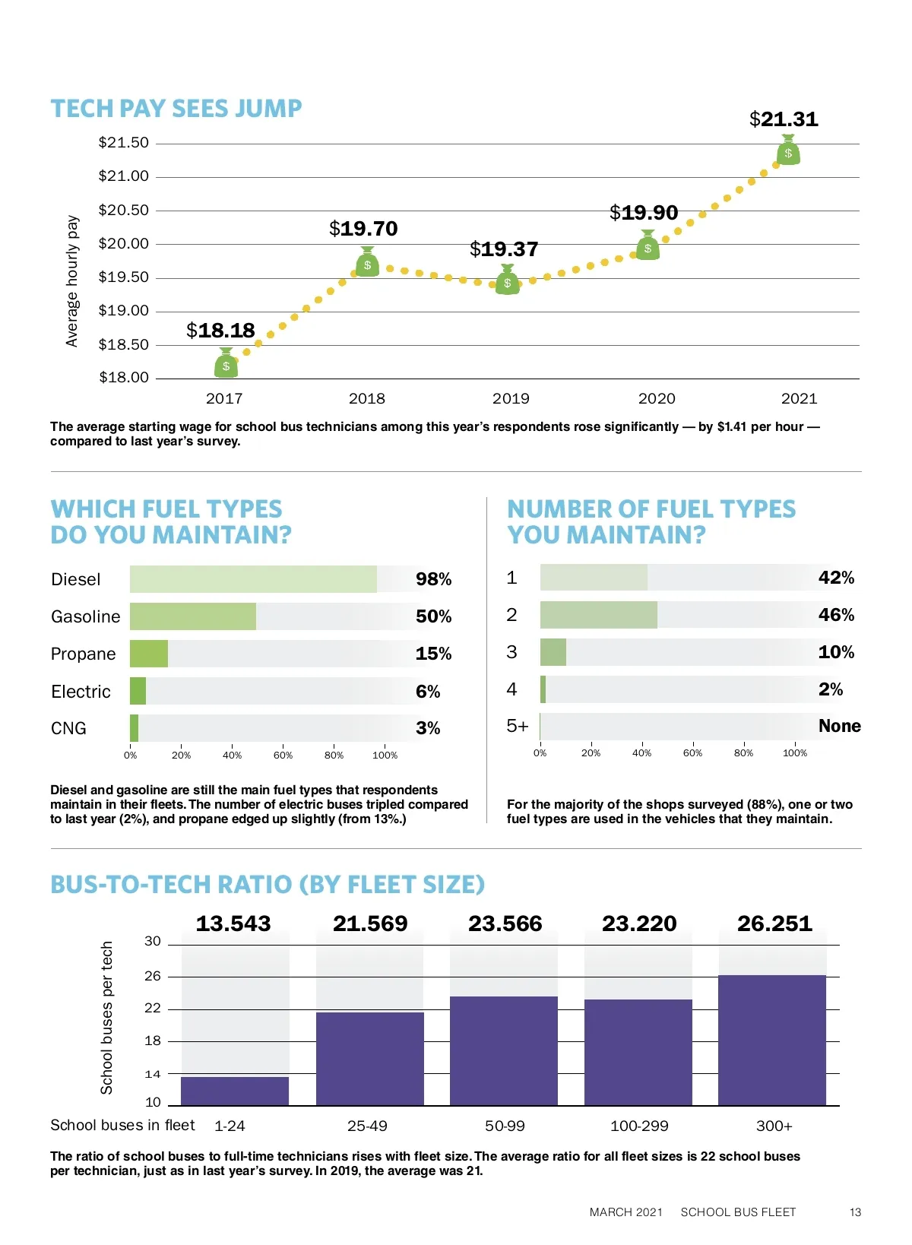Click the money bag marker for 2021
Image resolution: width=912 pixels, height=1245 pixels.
click(788, 151)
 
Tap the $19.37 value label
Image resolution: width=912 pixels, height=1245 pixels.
click(504, 249)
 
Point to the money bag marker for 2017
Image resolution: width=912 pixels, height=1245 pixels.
click(226, 364)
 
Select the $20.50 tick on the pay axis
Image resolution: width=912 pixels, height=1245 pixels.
click(124, 210)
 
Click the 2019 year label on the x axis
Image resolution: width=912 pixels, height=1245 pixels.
click(511, 398)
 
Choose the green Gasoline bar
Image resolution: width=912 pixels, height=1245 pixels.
click(193, 616)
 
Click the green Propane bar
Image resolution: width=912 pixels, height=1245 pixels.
click(149, 654)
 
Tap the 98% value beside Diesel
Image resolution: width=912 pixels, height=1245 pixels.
click(433, 579)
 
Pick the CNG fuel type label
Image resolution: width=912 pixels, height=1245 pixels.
click(68, 728)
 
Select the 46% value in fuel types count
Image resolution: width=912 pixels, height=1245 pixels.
click(836, 615)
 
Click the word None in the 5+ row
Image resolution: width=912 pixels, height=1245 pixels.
click(839, 726)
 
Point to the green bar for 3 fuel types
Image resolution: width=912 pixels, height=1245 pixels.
click(553, 652)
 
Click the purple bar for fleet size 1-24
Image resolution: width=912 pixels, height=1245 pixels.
click(235, 1091)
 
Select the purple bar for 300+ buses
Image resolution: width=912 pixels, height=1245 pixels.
click(772, 1040)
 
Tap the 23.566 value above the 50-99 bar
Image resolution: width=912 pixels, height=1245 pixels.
click(505, 923)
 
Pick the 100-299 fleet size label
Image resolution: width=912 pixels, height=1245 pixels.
click(639, 1126)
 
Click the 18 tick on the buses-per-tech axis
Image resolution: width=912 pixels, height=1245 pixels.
click(153, 1041)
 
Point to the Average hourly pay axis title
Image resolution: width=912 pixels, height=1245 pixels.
click(72, 281)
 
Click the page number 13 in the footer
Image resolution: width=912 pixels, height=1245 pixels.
click(855, 1212)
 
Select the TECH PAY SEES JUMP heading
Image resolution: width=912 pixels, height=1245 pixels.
click(176, 109)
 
